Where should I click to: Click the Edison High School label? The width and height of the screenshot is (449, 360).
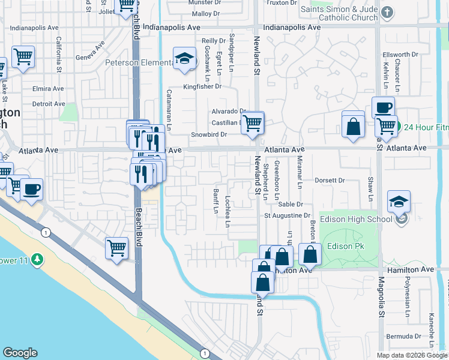pyautogui.click(x=355, y=219)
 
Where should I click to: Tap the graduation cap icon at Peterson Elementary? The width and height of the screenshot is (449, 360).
pyautogui.click(x=185, y=58)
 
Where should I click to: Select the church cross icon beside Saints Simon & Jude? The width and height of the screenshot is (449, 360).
pyautogui.click(x=388, y=13)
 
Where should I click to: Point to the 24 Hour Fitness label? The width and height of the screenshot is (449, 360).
pyautogui.click(x=426, y=127)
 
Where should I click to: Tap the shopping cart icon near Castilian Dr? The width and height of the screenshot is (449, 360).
pyautogui.click(x=253, y=122)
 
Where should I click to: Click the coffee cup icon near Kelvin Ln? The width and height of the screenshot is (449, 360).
pyautogui.click(x=382, y=107)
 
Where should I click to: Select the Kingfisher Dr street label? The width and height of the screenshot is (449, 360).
pyautogui.click(x=202, y=87)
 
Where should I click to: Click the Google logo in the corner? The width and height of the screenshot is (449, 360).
pyautogui.click(x=20, y=353)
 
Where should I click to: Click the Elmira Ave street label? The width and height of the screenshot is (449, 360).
pyautogui.click(x=48, y=88)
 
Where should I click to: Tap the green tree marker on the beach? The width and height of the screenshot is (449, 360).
pyautogui.click(x=38, y=259)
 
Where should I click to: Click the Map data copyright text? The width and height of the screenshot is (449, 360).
pyautogui.click(x=412, y=355)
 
